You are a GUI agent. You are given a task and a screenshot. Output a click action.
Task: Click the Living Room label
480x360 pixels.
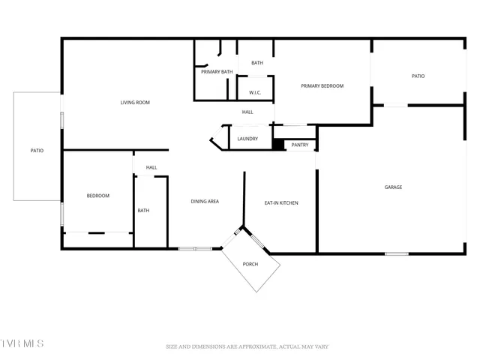point(136,103)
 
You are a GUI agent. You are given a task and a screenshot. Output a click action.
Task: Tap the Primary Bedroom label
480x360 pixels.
point(322,86)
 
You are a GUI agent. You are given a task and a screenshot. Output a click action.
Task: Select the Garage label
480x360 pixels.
point(393,187)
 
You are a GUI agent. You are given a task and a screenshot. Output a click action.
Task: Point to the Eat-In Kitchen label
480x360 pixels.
point(281,202)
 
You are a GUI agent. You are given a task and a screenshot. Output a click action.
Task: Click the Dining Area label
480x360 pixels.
point(205,201)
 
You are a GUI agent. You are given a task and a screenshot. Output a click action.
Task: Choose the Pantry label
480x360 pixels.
point(300,145)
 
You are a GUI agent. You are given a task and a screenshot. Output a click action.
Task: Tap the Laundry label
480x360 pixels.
point(247,139)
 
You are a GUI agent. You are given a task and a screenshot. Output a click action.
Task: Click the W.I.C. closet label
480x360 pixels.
point(255,93)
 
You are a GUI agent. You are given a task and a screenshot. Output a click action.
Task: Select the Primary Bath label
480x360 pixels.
point(217,72)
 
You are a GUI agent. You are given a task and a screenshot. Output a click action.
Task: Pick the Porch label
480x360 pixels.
point(250,264)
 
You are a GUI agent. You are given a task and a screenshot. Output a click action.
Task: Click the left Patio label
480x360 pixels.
point(37,151)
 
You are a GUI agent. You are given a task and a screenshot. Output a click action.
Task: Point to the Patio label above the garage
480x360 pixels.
point(418,76)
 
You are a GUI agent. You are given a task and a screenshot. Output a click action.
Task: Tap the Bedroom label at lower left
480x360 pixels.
point(98,196)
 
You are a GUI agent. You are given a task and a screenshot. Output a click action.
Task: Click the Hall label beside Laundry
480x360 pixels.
point(247,112)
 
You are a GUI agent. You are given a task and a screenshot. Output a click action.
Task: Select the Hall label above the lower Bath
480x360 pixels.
point(151,167)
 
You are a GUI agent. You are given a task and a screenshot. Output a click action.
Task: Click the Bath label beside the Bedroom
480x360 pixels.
point(143,211)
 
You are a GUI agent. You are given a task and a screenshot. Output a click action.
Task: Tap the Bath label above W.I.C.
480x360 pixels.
point(257,63)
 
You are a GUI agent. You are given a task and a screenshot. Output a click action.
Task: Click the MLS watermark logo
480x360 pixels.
point(22,343)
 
